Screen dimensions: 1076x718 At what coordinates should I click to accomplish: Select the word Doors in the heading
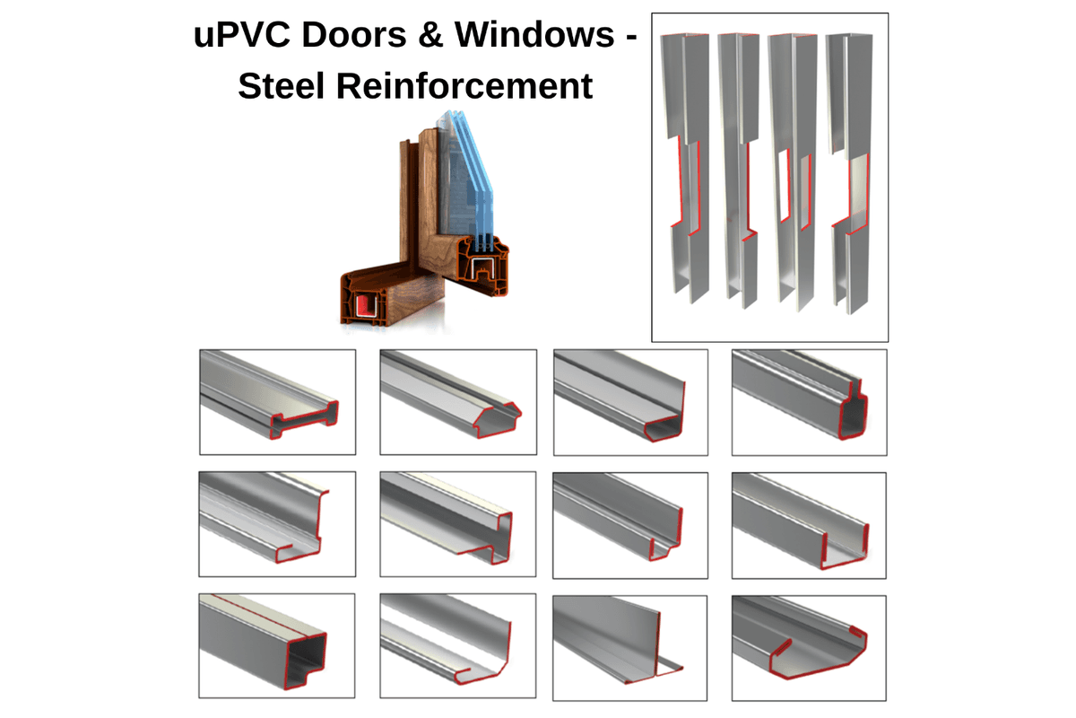(354, 35)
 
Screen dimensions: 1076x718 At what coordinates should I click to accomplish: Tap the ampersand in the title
(430, 35)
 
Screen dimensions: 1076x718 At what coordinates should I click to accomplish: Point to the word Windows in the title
(534, 35)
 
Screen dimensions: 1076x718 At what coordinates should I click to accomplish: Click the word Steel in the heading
(281, 86)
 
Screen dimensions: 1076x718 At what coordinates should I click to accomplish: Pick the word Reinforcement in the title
(464, 86)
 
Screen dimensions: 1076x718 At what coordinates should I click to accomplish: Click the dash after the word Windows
(631, 38)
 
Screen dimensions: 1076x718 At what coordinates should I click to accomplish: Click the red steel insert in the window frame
(367, 305)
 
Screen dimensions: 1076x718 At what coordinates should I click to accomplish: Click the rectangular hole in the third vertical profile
(784, 186)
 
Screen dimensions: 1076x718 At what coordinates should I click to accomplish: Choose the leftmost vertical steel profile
(685, 169)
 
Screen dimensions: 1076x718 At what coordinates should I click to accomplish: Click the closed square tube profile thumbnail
(277, 645)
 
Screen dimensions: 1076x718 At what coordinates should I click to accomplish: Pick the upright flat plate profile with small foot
(629, 648)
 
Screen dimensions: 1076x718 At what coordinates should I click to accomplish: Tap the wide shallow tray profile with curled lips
(809, 648)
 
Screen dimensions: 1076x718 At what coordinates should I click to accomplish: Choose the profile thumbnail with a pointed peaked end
(458, 402)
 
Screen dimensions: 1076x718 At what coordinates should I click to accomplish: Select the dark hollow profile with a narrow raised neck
(810, 402)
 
